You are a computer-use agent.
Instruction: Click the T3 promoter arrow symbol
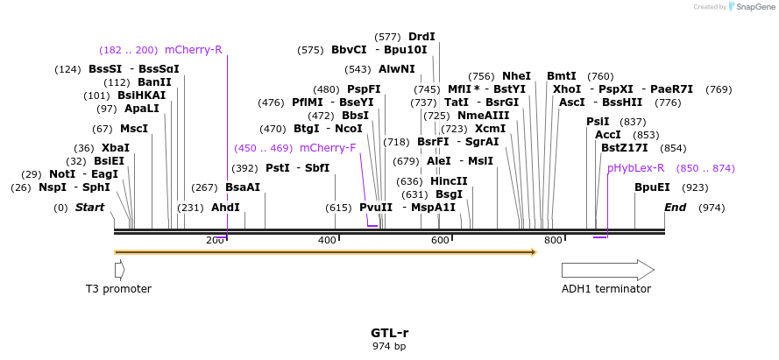click(119, 270)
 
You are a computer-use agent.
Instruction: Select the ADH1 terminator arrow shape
click(607, 270)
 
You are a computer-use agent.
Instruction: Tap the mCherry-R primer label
click(194, 50)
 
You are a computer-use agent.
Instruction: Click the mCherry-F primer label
click(328, 148)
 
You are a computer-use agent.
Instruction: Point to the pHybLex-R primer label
click(635, 168)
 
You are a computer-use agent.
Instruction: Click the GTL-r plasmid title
click(389, 333)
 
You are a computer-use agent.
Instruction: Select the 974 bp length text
click(389, 346)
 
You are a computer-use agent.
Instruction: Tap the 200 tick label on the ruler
click(215, 240)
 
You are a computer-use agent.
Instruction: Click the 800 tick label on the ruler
click(553, 240)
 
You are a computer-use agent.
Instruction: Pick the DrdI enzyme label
click(421, 37)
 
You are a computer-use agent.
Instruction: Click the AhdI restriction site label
click(225, 208)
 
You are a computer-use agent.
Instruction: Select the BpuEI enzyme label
click(652, 187)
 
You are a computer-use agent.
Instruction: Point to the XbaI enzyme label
click(116, 148)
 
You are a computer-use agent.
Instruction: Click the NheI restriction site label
click(516, 76)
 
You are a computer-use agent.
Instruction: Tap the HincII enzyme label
click(449, 181)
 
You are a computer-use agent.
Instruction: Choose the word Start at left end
click(89, 208)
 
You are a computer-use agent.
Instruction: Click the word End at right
click(675, 208)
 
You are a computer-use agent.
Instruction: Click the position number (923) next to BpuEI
click(695, 187)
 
